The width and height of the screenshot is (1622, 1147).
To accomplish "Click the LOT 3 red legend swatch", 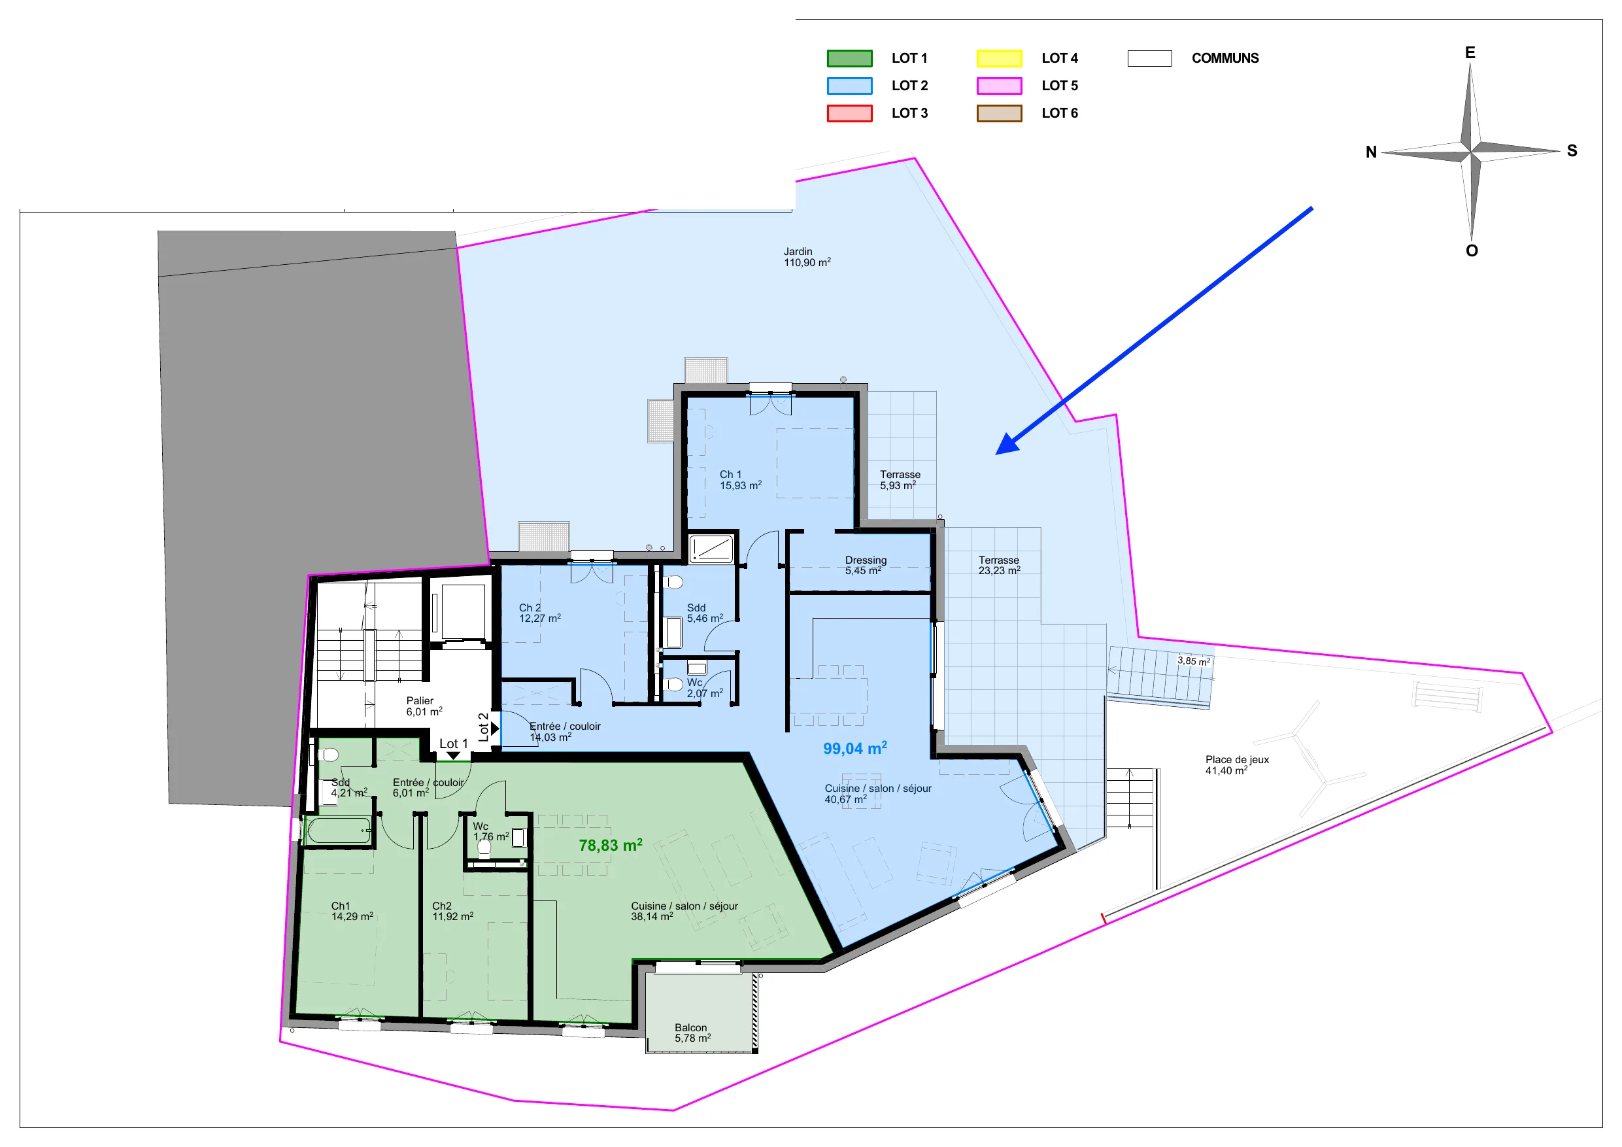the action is click(849, 113).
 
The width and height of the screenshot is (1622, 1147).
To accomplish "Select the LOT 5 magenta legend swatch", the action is click(999, 86).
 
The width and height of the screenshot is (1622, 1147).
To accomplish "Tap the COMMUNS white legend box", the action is click(1149, 58).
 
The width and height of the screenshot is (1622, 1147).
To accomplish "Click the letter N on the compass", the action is click(1371, 152).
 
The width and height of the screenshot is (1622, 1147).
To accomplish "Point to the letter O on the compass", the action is click(1472, 251).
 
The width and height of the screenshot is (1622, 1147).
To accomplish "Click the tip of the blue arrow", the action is click(996, 454).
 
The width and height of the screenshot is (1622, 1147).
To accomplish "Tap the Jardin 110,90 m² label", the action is click(807, 256).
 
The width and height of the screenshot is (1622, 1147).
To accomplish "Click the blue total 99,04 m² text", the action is click(854, 747).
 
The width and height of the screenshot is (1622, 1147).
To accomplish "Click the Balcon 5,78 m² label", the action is click(692, 1033).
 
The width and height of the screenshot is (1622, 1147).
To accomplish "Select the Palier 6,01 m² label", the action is click(424, 706).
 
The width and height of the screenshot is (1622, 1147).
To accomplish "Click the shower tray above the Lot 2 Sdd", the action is click(711, 549).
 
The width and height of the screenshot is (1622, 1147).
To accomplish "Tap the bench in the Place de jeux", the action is click(1447, 696).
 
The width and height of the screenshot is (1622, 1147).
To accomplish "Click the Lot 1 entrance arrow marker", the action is click(454, 755).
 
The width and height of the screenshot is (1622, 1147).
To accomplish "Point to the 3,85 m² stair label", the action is click(1193, 660).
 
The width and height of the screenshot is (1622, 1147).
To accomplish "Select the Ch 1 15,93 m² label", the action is click(740, 480).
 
